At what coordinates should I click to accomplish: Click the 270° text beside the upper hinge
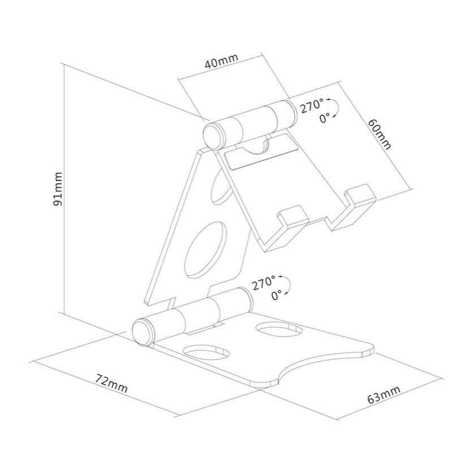(x=312, y=106)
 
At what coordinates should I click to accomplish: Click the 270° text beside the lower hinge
(x=264, y=282)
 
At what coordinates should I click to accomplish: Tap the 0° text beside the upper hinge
(x=325, y=118)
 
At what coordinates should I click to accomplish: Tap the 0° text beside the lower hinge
(x=277, y=294)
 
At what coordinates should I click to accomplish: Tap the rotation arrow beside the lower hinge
(x=287, y=285)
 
